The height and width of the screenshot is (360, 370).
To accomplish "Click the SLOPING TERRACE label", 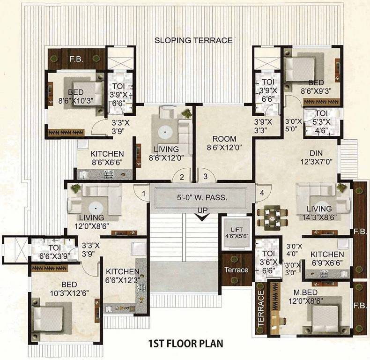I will tap(193, 40).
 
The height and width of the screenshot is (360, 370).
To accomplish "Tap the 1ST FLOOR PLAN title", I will tap(186, 343).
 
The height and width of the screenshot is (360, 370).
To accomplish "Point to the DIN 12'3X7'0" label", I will tap(319, 157).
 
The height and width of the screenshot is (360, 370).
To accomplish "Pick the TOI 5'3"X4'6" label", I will tap(321, 121).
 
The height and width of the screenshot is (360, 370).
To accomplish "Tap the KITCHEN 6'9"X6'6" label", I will tap(327, 258).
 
